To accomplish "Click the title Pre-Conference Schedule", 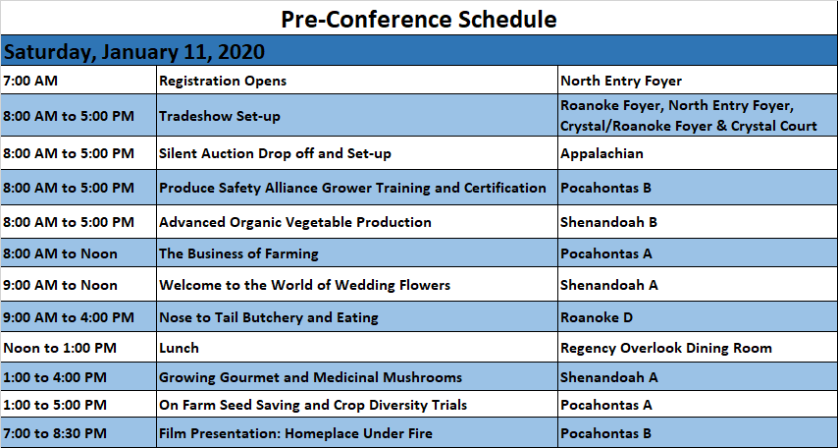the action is (418, 20).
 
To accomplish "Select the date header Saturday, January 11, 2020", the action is (134, 52).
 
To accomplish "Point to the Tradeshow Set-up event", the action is (220, 116).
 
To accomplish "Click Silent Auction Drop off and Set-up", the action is (275, 153).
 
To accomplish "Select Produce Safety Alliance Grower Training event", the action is (352, 188).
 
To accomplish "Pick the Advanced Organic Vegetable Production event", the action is (295, 222).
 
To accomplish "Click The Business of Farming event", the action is (238, 253).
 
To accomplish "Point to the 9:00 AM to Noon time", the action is (61, 285).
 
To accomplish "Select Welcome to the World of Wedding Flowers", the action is (304, 285).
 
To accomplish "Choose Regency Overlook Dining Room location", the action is (666, 348).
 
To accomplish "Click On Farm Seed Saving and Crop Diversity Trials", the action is (313, 405).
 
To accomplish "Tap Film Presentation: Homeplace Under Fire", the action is (296, 433).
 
